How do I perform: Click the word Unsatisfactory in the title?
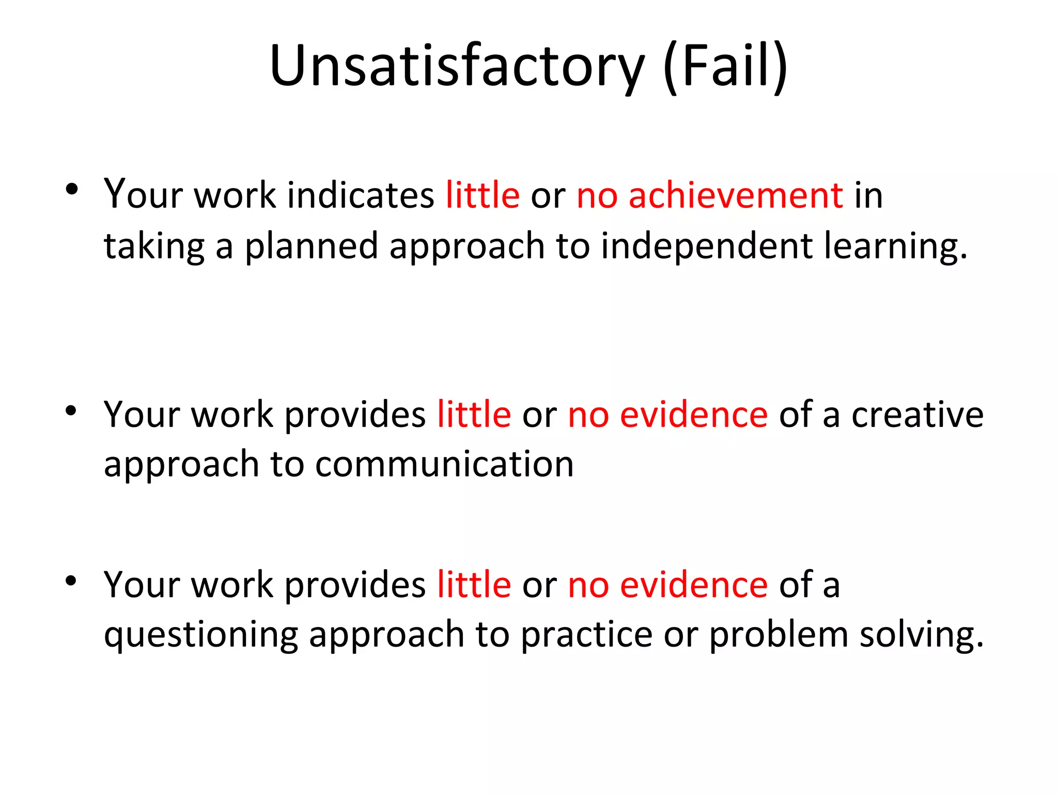tap(457, 66)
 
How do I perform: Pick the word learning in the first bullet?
tap(890, 246)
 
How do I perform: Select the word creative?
tap(917, 415)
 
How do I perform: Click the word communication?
tap(444, 464)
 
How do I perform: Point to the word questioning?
tap(201, 635)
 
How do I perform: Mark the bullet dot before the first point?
tap(72, 189)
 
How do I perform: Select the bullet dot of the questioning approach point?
tap(71, 581)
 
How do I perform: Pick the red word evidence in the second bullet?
tap(693, 415)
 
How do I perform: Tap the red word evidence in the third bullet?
tap(693, 585)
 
